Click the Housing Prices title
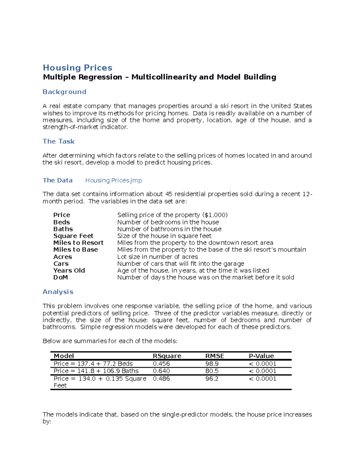point(77,67)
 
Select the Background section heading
point(64,92)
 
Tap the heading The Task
point(58,141)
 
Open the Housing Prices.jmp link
point(113,180)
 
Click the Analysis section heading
point(58,292)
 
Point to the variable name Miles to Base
point(76,250)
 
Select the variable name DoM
point(60,278)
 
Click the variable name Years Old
point(69,271)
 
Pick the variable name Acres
point(63,257)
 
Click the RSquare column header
point(167,356)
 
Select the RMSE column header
point(214,356)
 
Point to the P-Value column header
point(261,356)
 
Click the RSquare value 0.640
point(161,371)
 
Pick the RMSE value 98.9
point(212,364)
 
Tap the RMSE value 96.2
point(212,379)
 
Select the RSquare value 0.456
point(161,364)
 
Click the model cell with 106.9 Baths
point(96,371)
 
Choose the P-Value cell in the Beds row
point(263,364)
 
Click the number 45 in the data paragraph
point(168,194)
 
